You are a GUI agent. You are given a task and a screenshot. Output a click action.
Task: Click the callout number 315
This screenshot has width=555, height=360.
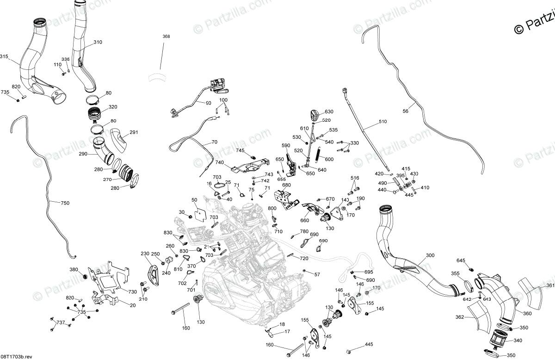coord(4,56)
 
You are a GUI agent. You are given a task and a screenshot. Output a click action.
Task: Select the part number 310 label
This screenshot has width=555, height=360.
coord(98,43)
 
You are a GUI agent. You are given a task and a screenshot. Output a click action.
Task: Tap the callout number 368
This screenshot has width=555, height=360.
coord(166,37)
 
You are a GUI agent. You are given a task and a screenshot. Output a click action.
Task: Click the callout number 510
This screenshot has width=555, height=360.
coord(382,122)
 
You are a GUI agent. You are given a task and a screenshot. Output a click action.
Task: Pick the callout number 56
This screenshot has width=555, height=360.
coord(406,111)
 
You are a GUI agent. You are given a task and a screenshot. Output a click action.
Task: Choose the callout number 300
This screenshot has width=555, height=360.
coord(430,255)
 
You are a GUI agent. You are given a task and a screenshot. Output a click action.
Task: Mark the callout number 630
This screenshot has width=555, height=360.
coord(329,112)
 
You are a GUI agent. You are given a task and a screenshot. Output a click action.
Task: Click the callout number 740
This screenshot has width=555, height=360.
coord(219,162)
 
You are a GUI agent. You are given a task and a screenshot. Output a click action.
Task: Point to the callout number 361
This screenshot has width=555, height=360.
coord(550,285)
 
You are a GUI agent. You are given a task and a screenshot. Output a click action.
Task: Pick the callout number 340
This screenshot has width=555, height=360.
coord(517,340)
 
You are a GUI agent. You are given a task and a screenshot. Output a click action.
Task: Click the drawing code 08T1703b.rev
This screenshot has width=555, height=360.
coord(16,356)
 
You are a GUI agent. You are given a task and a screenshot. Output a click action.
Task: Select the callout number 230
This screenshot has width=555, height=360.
coord(145,254)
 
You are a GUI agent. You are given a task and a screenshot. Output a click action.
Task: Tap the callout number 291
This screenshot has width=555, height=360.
coord(134,132)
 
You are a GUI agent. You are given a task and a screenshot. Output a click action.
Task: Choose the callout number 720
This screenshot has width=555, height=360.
coord(304,258)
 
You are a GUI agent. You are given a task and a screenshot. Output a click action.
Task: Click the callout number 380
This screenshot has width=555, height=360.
coord(74,270)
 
